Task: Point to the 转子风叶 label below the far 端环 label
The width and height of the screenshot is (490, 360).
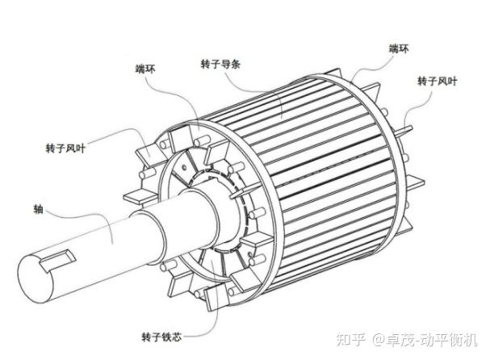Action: coord(436,81)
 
